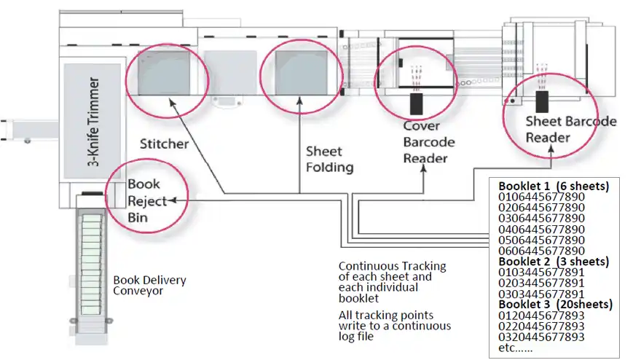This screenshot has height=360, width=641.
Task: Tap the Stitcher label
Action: pos(164,144)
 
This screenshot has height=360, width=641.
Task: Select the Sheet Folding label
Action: pos(329,159)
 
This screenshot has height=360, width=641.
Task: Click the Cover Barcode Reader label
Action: pos(430,142)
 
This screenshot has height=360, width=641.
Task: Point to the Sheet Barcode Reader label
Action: pos(571,129)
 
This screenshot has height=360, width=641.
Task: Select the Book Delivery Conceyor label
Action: pos(149,285)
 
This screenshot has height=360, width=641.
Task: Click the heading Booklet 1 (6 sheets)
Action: pos(554,187)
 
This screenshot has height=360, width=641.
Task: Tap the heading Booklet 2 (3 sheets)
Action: pos(554,261)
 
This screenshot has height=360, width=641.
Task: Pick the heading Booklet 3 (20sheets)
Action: pos(556,304)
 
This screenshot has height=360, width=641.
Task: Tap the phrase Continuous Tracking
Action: pos(392,266)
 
